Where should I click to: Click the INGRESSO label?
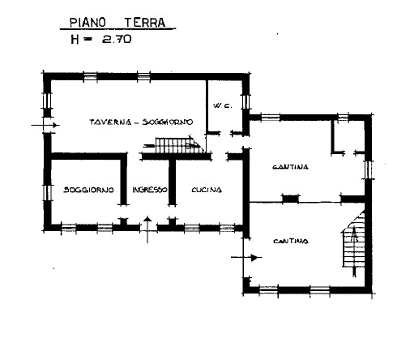click(149, 190)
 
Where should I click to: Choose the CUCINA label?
click(206, 190)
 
